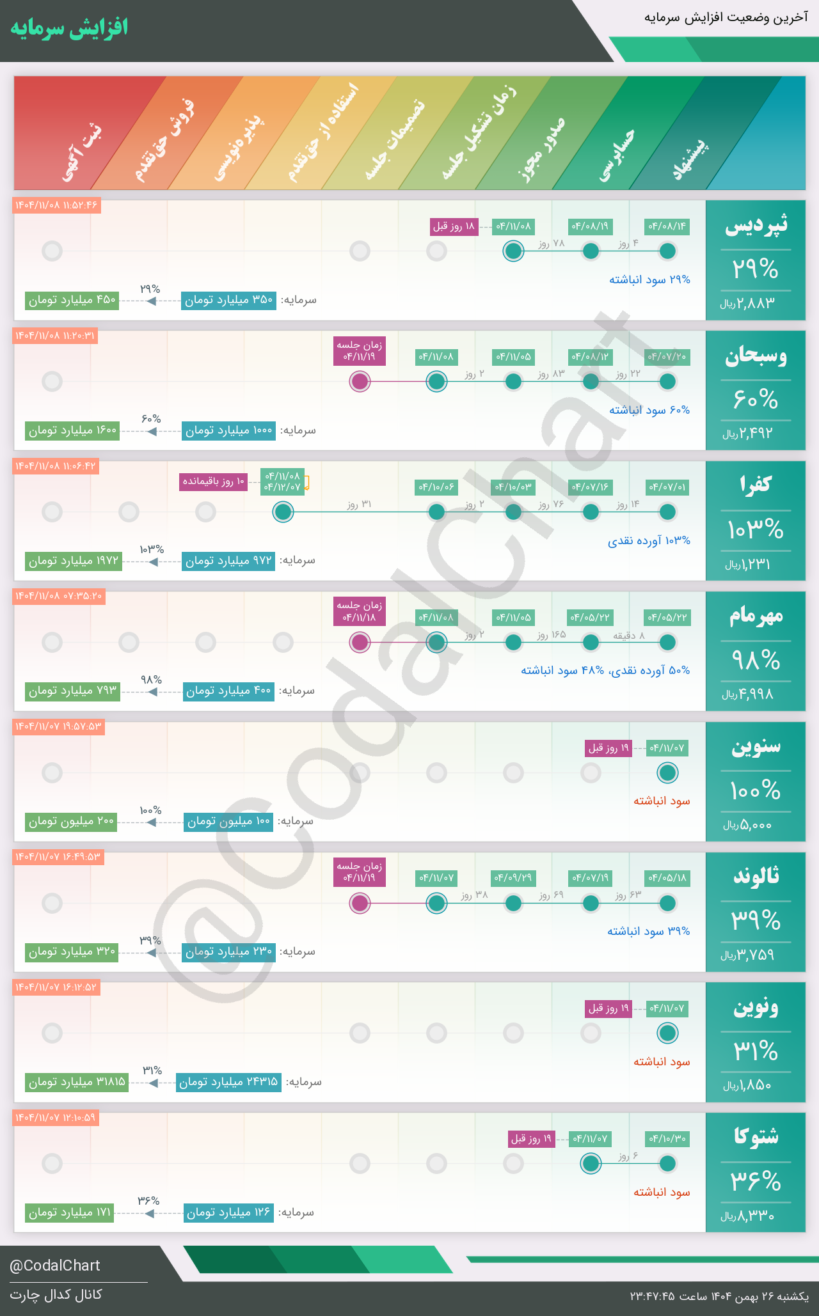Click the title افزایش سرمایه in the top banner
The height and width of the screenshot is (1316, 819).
pos(69,28)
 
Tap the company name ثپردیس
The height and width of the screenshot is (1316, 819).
pos(756,225)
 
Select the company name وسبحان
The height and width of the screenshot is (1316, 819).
pos(756,356)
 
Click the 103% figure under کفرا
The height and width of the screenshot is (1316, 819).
pos(756,530)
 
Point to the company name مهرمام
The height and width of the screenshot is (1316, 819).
pos(756,616)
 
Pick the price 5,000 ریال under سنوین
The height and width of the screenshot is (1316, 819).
pos(748,825)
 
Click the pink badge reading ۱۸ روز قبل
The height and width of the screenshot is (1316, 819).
pos(454,226)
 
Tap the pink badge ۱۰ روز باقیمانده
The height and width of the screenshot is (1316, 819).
pos(214,482)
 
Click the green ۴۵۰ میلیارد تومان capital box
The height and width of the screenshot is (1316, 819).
pos(72,300)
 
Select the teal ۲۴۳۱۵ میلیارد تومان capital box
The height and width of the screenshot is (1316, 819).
pos(228,1082)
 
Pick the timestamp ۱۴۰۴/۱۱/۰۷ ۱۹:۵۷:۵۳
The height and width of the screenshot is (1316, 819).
pos(58,727)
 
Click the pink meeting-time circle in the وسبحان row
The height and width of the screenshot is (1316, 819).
pos(360,382)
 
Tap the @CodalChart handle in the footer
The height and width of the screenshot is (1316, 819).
pos(55,1265)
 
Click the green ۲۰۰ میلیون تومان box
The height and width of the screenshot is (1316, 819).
pos(72,822)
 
